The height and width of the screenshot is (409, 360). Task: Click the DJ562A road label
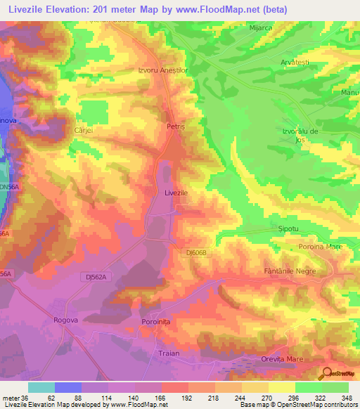pos(93,277)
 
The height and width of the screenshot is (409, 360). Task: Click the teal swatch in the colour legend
pos(41,387)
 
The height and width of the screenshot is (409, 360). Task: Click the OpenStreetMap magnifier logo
pos(328,374)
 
